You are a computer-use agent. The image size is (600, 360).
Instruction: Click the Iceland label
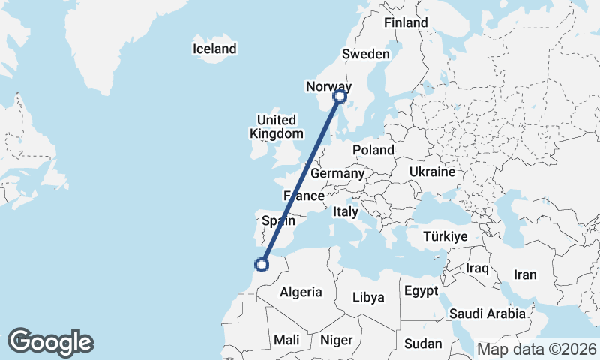coord(214,49)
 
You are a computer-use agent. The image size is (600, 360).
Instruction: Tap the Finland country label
coord(405,23)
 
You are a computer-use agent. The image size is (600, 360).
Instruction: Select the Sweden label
coord(365,54)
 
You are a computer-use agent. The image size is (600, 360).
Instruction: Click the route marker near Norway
coord(339,96)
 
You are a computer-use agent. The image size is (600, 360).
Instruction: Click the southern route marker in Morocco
coord(262,264)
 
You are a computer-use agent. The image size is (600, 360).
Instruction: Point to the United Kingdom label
coord(276,127)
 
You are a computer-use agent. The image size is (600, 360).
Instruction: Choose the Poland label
coord(373,150)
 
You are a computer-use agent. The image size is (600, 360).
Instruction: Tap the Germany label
coord(337,174)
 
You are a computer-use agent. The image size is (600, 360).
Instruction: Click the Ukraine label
coord(432,172)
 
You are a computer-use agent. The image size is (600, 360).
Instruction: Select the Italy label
coord(345,212)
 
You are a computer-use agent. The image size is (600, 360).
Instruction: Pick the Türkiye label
coord(445,236)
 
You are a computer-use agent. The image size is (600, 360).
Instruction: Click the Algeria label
coord(301,292)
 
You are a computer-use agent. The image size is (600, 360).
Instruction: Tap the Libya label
coord(368,297)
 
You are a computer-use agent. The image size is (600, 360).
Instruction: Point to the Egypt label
coord(420,290)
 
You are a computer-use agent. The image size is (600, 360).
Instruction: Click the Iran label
coord(525,274)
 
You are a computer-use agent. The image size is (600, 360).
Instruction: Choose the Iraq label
coord(477,268)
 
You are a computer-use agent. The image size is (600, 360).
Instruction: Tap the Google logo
coord(50,342)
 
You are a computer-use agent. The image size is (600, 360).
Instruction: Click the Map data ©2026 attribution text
coord(537,349)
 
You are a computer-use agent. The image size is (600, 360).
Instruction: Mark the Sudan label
coord(423,343)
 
